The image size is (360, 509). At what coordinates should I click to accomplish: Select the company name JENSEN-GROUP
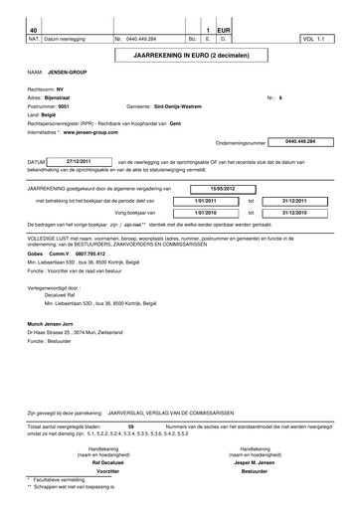[69, 74]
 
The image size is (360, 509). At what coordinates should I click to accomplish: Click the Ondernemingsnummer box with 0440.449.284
[304, 142]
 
